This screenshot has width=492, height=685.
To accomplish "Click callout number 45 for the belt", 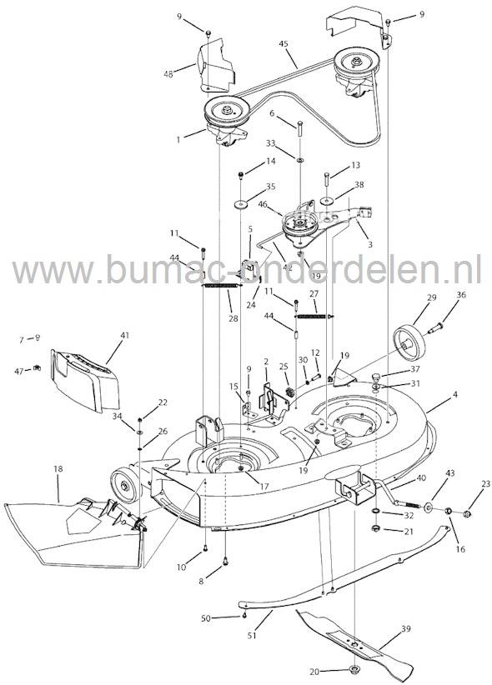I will tap(284, 42).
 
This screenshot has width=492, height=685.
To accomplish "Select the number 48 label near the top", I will tap(168, 74).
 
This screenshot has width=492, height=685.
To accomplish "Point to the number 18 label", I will tap(57, 470).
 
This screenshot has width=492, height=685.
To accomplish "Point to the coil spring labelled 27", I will tap(312, 316).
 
